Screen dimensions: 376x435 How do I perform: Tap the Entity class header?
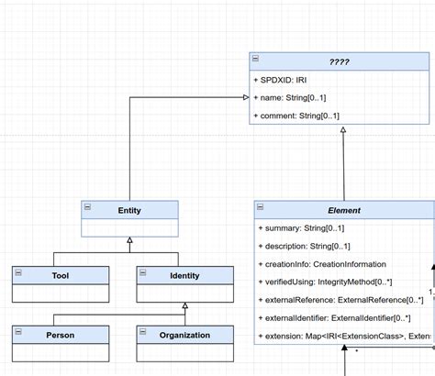point(129,210)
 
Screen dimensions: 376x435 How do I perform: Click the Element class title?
point(344,210)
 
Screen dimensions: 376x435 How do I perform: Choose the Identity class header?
point(184,273)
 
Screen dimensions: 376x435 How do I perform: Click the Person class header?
point(61,335)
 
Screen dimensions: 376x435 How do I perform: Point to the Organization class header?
point(184,335)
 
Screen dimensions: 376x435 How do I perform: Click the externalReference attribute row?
point(340,300)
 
